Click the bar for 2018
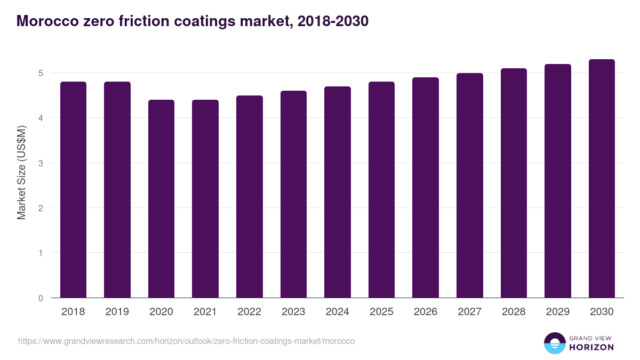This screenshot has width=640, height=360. (73, 190)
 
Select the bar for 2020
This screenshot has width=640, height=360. (161, 199)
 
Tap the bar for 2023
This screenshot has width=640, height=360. (293, 194)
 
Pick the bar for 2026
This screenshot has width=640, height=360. (426, 188)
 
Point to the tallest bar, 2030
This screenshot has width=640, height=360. (602, 179)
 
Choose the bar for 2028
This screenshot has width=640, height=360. (514, 183)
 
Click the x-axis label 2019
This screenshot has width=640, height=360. (117, 312)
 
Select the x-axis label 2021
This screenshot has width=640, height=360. (205, 312)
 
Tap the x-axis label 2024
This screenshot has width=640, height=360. (338, 312)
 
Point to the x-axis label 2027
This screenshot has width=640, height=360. (469, 312)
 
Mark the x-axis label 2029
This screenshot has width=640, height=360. (558, 312)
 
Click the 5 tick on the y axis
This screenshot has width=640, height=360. (41, 73)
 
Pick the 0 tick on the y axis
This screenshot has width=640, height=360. (41, 298)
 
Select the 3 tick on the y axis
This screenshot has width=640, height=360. (41, 163)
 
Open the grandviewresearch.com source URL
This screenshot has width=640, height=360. (186, 341)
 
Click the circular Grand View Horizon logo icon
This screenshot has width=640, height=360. (555, 343)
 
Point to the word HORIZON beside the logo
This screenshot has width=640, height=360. (591, 347)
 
